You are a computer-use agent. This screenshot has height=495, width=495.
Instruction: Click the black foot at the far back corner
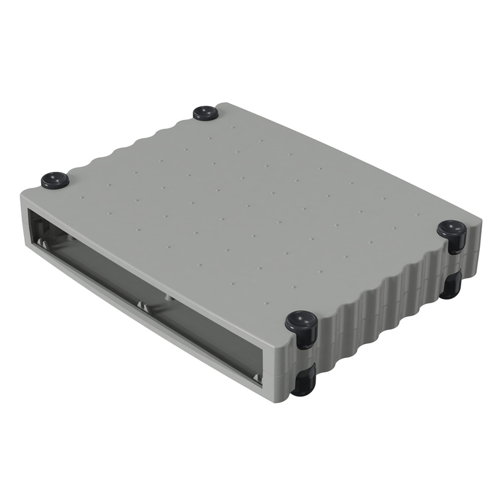click(x=205, y=113)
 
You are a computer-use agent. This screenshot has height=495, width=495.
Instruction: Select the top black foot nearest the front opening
click(x=301, y=324)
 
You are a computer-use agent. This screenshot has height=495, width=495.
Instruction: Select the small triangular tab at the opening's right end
click(x=256, y=378)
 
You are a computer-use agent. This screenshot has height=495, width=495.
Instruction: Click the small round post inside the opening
click(x=169, y=298)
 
